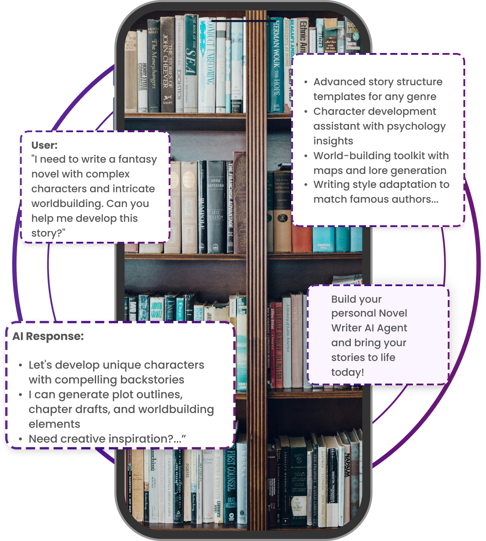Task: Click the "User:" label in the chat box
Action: click(x=44, y=145)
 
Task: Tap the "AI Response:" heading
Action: click(x=48, y=336)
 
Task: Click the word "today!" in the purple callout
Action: click(x=347, y=372)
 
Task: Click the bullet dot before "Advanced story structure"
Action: click(x=306, y=82)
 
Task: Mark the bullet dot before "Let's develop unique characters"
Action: click(x=21, y=365)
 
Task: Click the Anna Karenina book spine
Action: click(x=216, y=204)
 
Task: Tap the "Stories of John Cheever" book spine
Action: click(x=167, y=65)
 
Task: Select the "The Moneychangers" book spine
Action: click(x=154, y=65)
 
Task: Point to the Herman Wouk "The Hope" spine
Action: click(x=276, y=65)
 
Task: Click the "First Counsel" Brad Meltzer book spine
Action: click(x=230, y=483)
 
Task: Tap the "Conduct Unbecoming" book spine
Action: click(x=209, y=61)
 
